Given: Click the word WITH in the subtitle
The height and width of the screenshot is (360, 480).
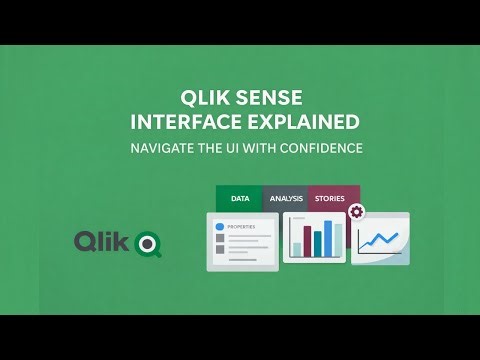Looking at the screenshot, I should tap(259, 148).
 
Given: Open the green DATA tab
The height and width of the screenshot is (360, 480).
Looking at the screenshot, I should tap(240, 198).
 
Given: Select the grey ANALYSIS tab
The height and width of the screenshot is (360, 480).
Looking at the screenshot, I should tap(285, 198).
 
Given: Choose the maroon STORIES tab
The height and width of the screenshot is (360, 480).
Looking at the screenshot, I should tap(329, 198).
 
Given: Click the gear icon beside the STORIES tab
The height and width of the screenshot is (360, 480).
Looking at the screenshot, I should tap(355, 213).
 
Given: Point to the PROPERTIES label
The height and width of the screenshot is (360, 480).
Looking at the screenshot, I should tap(242, 227).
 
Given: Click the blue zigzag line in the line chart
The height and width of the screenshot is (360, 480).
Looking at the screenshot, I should tap(380, 239).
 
